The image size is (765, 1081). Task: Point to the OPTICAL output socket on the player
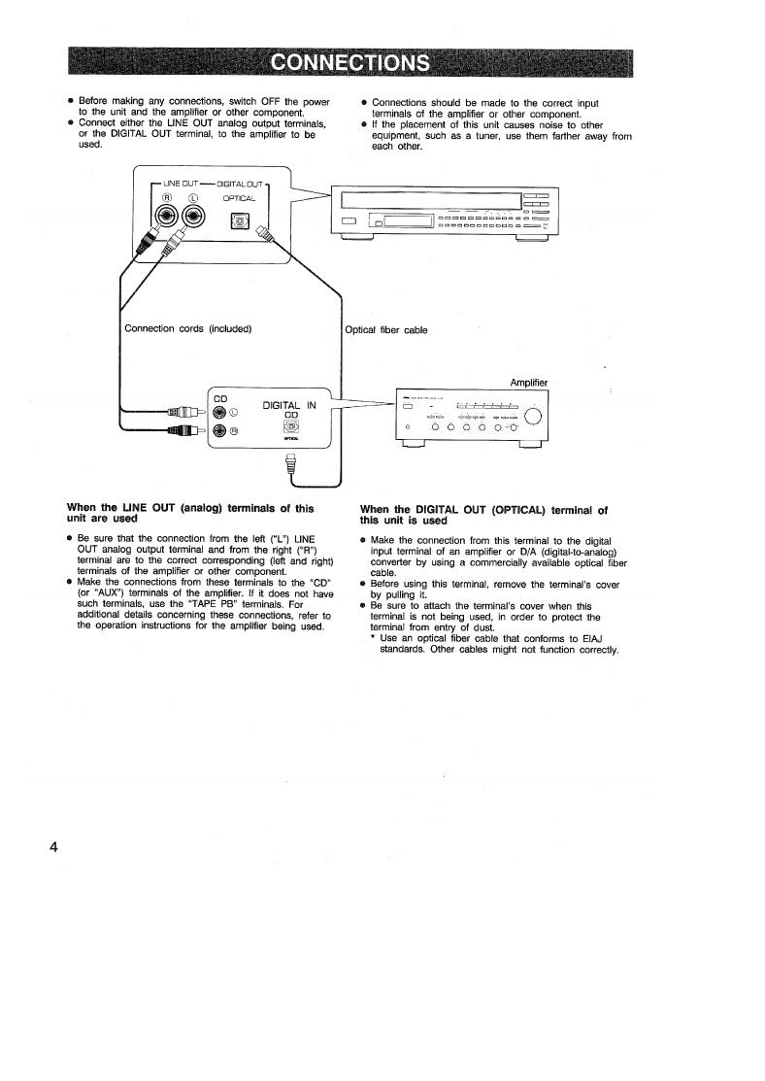click(239, 225)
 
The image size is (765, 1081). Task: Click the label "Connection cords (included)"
click(188, 328)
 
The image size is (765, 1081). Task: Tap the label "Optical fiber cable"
click(386, 329)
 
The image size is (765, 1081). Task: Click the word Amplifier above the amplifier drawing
click(528, 383)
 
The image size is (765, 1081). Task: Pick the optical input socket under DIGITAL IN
click(290, 425)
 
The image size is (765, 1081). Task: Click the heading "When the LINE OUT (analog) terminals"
click(190, 508)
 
